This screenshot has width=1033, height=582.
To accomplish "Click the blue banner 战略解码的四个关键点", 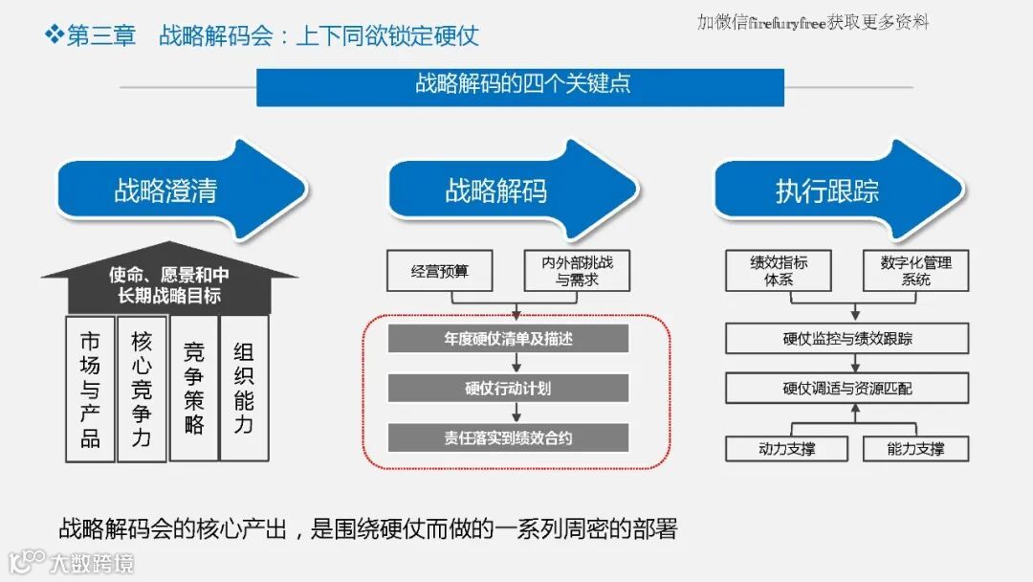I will pyautogui.click(x=520, y=84).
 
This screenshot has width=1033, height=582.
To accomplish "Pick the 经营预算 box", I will pyautogui.click(x=440, y=271).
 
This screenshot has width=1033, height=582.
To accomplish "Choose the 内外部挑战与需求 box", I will pyautogui.click(x=578, y=271).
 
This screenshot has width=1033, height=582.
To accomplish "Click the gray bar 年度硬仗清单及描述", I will pyautogui.click(x=508, y=339).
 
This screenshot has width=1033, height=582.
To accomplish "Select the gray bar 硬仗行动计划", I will pyautogui.click(x=508, y=389).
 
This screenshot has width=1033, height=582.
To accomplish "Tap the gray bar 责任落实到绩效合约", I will pyautogui.click(x=508, y=438).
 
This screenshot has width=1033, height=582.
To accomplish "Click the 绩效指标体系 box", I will pyautogui.click(x=779, y=271).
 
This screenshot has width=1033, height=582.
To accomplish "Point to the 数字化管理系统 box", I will pyautogui.click(x=915, y=271).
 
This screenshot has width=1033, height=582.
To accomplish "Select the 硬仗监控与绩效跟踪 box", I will pyautogui.click(x=846, y=339).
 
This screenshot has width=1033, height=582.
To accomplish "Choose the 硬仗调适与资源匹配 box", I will pyautogui.click(x=846, y=389).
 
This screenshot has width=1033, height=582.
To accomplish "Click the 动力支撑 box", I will pyautogui.click(x=786, y=448).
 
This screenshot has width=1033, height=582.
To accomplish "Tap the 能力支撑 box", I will pyautogui.click(x=915, y=448).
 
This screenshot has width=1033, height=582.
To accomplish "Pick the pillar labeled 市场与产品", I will pyautogui.click(x=90, y=388).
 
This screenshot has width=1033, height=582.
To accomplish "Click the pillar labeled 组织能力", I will pyautogui.click(x=244, y=388).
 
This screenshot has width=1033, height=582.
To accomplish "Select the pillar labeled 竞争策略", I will pyautogui.click(x=193, y=388).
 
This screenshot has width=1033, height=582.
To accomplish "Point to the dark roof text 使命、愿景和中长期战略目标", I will pyautogui.click(x=168, y=285).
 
